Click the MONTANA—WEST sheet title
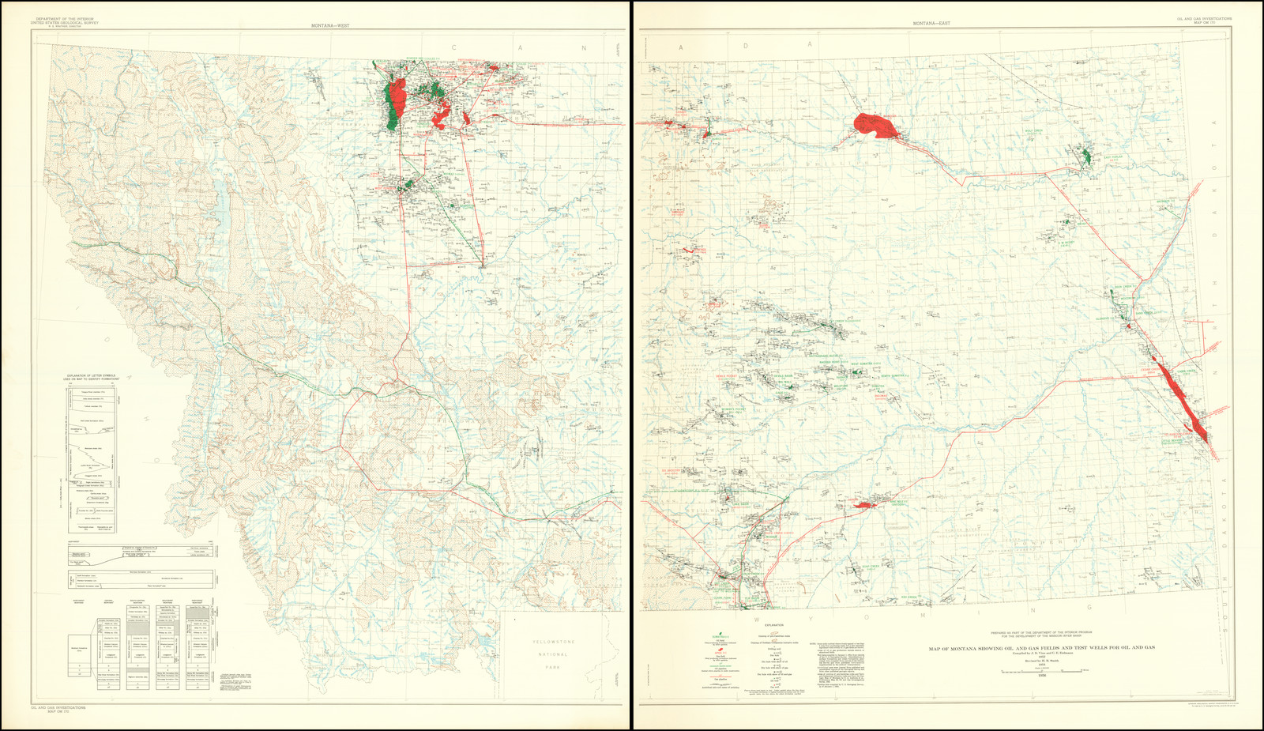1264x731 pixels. (330, 26)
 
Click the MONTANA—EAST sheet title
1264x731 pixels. (931, 24)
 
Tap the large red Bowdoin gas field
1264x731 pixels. (875, 126)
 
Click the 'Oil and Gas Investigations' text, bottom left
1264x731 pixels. (58, 707)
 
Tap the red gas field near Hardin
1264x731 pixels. (863, 504)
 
